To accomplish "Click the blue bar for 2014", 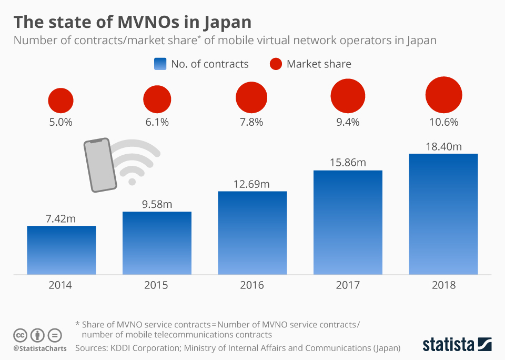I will point(62,250).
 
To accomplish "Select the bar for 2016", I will point(252,233).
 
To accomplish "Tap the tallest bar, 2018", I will point(443,214).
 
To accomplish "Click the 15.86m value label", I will point(347,163).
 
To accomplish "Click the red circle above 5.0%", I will point(61,101).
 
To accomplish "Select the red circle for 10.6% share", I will point(443,95).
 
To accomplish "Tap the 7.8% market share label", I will point(252,122).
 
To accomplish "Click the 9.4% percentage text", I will point(347,122).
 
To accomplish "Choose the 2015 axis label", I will point(156,285).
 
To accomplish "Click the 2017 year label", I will point(347,285).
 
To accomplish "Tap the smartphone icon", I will point(100,165).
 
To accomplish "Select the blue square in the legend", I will point(160,64).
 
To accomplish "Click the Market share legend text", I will point(319,64).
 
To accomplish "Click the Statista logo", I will point(457,345).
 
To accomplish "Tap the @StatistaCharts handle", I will point(40,348).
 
